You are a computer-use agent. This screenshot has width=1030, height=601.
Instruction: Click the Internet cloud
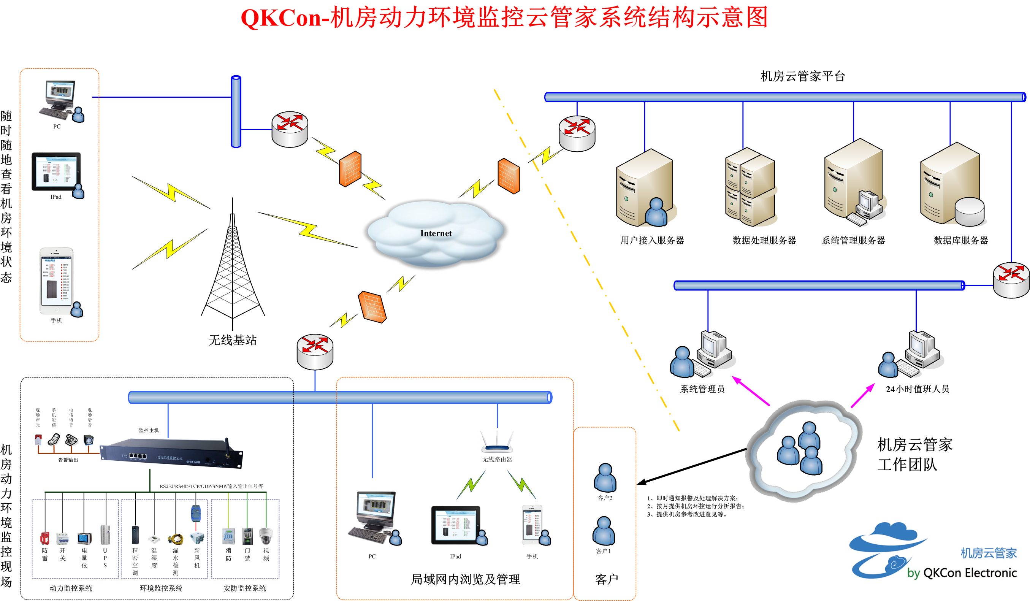coord(436,233)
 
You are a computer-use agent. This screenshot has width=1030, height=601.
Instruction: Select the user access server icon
coord(645,188)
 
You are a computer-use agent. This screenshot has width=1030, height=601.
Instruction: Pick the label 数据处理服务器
coord(764,240)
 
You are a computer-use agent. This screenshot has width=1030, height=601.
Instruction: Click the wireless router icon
coord(497,444)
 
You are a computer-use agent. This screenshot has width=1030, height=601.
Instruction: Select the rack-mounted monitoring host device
coord(172,454)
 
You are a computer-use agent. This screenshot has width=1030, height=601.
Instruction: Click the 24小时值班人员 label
coord(917,389)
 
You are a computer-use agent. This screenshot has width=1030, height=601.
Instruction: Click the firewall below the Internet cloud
coord(372,307)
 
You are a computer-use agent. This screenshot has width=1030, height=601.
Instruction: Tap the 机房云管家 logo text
coord(988,553)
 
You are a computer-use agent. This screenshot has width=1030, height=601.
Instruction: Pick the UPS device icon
coord(105,535)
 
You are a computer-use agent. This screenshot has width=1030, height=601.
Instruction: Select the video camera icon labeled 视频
coord(266,536)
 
